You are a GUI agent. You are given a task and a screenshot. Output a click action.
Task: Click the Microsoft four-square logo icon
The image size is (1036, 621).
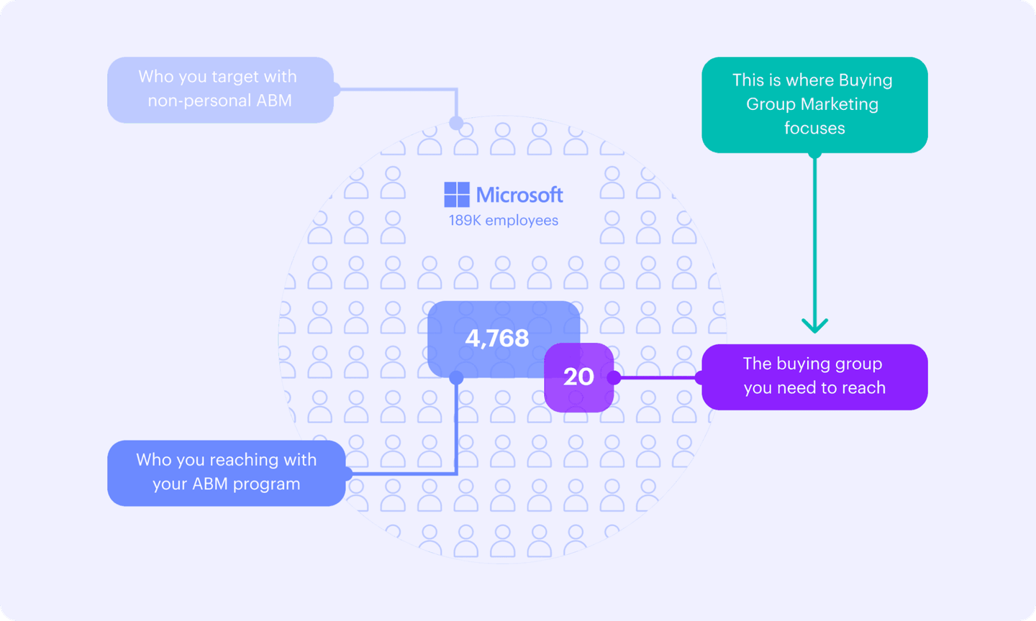click(457, 195)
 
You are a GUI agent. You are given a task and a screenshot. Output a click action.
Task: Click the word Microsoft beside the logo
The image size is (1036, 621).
click(519, 195)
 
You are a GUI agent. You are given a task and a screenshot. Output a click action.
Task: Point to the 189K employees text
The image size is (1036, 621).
click(504, 221)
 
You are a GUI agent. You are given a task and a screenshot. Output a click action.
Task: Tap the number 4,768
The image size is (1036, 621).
click(497, 338)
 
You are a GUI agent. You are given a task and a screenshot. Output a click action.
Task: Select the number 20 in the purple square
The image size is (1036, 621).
click(578, 377)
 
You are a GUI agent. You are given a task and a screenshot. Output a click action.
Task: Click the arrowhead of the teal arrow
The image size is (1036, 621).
click(814, 326)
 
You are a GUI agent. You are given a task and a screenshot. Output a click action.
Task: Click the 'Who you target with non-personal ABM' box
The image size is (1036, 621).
click(220, 90)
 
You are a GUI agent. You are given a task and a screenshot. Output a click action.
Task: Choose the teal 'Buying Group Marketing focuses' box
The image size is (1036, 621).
click(814, 105)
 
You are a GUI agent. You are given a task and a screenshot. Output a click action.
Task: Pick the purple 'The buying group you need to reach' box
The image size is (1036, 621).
click(814, 377)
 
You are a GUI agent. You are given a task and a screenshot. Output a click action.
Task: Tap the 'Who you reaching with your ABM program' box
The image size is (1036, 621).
click(226, 473)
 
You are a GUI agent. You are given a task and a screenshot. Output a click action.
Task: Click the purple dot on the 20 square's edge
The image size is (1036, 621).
click(614, 377)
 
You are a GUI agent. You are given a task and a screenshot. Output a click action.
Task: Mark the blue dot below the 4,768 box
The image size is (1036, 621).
click(456, 377)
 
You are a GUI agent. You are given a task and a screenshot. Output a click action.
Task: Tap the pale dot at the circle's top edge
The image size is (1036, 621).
click(456, 124)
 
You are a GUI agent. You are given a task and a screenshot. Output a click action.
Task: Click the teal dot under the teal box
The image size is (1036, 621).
click(814, 152)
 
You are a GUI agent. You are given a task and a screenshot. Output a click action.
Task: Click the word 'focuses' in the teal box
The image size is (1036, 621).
click(814, 129)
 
